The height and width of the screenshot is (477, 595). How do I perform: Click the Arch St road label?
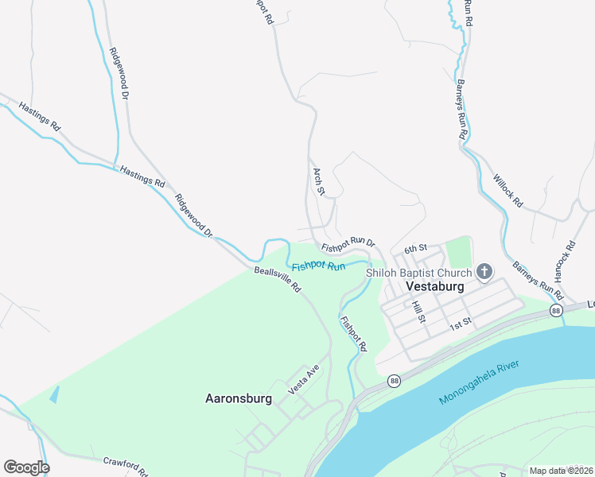(319, 181)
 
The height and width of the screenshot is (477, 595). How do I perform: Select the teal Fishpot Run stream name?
(318, 266)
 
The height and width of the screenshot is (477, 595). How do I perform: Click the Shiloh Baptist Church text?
(418, 273)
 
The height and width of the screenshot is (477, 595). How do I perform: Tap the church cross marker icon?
(484, 273)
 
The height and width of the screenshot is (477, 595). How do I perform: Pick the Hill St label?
(419, 311)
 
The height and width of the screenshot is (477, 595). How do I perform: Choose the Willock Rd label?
(507, 191)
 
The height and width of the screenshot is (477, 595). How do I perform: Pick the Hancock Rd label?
(565, 260)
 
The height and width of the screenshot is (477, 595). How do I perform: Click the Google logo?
(26, 467)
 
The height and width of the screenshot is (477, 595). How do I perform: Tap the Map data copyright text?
(560, 471)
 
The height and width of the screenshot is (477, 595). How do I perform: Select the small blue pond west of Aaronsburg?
(54, 393)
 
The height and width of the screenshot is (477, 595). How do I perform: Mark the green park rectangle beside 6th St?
(458, 252)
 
